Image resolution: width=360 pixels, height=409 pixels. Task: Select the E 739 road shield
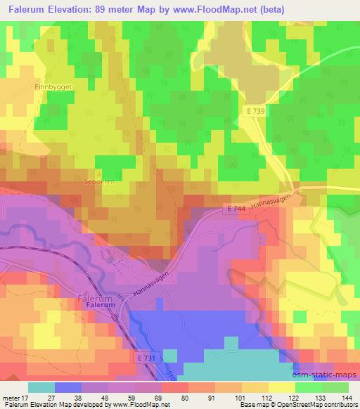256,112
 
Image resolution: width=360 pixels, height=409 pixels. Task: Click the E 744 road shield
237,209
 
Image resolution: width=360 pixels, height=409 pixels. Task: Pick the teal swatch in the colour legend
41,387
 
